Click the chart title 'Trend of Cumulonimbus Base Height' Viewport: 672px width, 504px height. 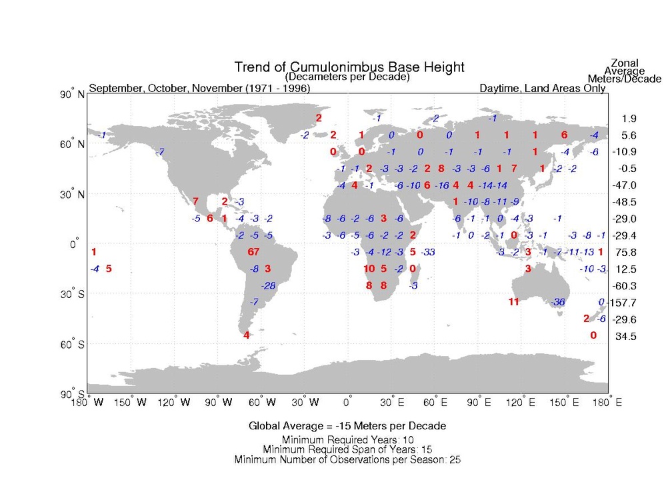(349, 67)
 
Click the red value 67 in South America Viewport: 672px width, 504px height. (253, 252)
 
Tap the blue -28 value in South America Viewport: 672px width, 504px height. (269, 285)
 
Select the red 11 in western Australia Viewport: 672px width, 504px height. (513, 302)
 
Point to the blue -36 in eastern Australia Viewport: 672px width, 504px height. (559, 302)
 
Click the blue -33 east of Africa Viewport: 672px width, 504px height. (428, 252)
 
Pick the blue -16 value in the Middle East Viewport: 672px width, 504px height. (441, 185)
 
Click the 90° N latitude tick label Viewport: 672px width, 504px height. (72, 95)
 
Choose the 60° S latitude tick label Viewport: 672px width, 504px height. (72, 345)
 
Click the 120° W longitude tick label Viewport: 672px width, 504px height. (175, 402)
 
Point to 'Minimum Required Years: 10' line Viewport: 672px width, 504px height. (347, 439)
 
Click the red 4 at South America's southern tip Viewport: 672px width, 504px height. (247, 335)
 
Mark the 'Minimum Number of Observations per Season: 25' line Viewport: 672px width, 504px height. (347, 459)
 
